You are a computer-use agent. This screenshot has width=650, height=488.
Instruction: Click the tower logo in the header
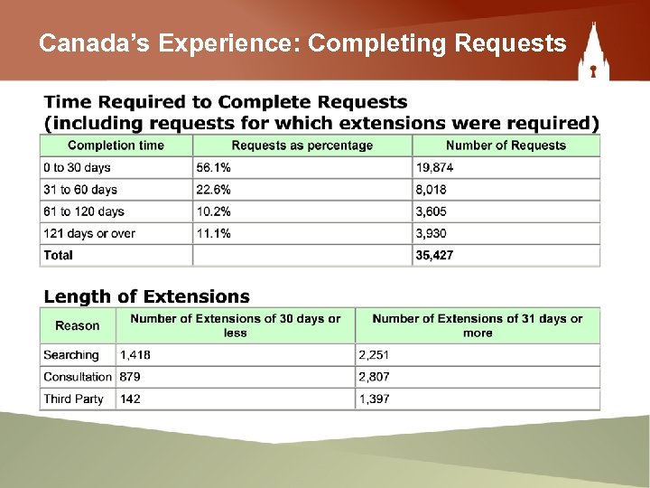(x=594, y=52)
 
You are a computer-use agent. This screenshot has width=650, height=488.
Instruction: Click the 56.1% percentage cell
(x=213, y=167)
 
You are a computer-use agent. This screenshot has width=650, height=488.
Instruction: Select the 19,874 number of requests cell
(x=437, y=167)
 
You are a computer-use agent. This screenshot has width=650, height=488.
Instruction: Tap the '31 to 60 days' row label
(x=80, y=190)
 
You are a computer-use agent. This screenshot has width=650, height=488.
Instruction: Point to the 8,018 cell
(x=432, y=190)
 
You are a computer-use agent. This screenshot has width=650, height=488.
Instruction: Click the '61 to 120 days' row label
(x=84, y=211)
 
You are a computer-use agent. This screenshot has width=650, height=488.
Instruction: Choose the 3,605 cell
(x=432, y=211)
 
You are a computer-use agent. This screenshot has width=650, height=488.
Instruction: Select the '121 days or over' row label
(x=89, y=233)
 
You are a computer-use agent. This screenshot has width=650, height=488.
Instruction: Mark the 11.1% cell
(x=213, y=233)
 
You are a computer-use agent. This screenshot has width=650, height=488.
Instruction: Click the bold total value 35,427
(x=434, y=255)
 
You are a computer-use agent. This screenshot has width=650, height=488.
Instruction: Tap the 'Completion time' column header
(x=116, y=145)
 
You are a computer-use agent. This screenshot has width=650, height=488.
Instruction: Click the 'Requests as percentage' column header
(x=302, y=145)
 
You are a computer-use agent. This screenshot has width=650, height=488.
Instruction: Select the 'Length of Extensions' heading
(x=147, y=296)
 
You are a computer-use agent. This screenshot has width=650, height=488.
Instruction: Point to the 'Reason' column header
(x=78, y=325)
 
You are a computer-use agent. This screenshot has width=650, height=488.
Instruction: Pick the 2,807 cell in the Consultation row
(x=375, y=377)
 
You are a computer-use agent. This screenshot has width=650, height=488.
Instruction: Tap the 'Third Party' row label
(x=73, y=399)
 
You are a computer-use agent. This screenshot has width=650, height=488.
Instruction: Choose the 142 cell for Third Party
(x=132, y=399)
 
